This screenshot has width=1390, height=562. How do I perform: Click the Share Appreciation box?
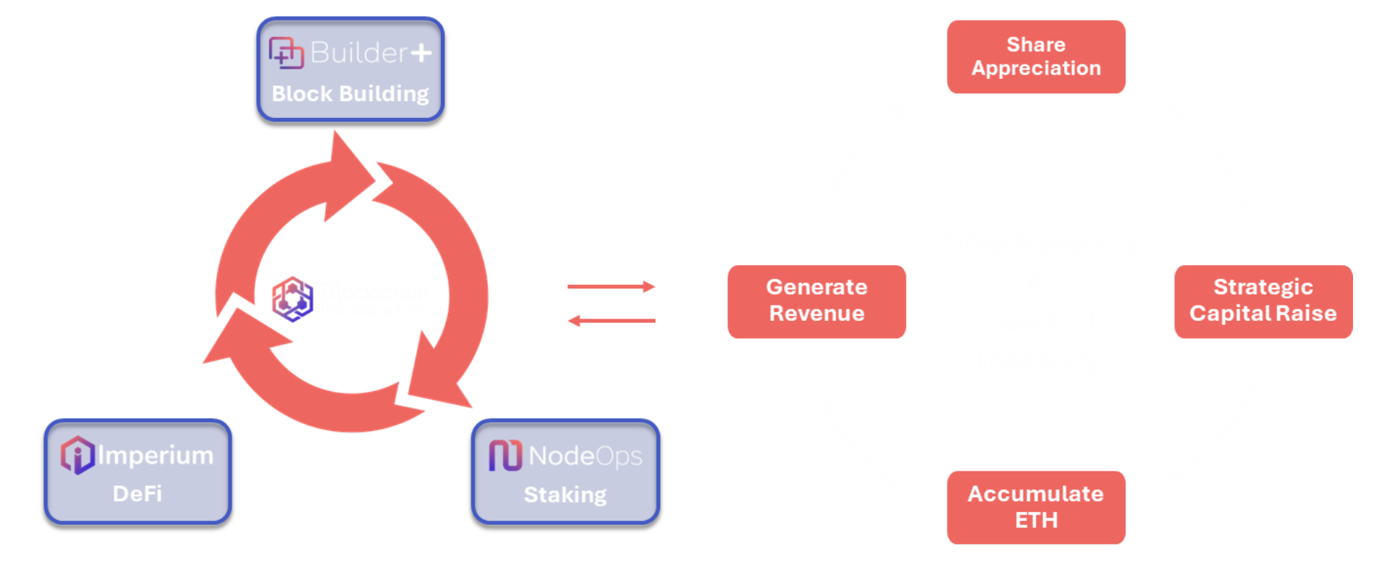tap(1036, 56)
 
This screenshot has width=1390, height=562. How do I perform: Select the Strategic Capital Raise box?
tap(1263, 301)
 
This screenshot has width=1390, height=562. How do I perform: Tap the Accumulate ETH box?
tap(1036, 507)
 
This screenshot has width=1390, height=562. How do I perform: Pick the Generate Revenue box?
tap(816, 301)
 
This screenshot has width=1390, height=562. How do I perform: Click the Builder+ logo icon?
tap(286, 53)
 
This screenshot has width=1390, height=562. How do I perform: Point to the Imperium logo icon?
tap(77, 455)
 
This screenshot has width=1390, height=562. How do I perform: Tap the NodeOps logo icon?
tap(505, 456)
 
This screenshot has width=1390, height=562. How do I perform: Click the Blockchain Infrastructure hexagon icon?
tap(292, 298)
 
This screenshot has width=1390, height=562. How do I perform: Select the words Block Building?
tap(350, 94)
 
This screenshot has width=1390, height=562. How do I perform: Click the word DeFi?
tap(138, 494)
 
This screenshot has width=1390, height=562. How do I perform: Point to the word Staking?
tap(565, 495)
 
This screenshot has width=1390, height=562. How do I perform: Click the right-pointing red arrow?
tap(611, 287)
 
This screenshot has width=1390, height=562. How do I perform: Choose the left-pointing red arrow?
tap(611, 320)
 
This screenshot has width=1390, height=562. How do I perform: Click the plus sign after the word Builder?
tap(421, 53)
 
